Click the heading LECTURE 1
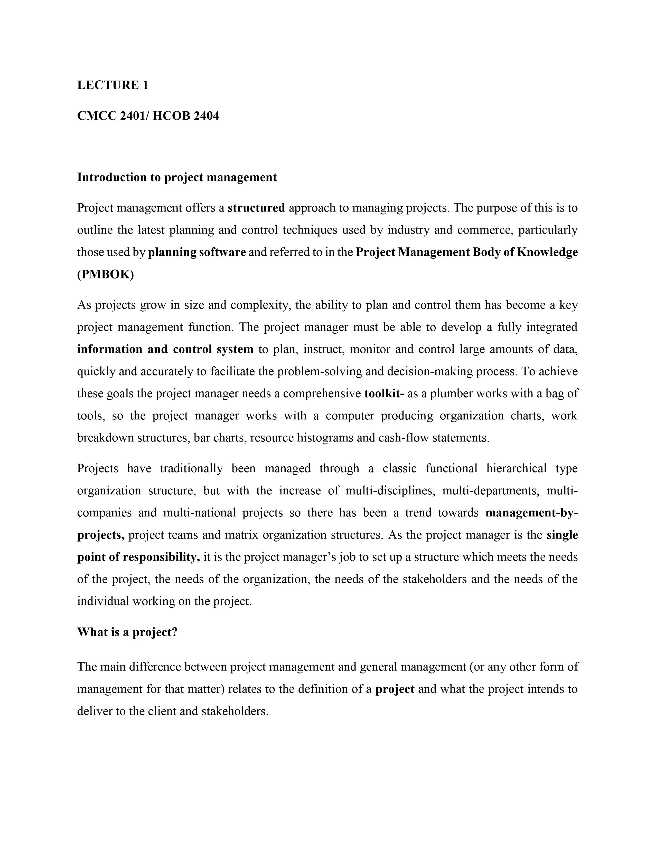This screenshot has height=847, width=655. tap(113, 85)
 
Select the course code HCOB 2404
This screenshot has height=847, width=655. tap(186, 115)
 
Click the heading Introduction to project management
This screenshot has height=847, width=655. tap(177, 177)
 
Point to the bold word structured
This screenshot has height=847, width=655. tap(256, 208)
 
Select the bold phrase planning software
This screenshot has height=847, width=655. tap(197, 253)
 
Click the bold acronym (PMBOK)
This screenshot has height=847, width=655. tap(106, 275)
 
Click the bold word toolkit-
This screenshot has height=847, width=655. tap(385, 394)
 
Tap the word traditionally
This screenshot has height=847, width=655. tap(191, 468)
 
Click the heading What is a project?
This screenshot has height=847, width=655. tap(127, 632)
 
